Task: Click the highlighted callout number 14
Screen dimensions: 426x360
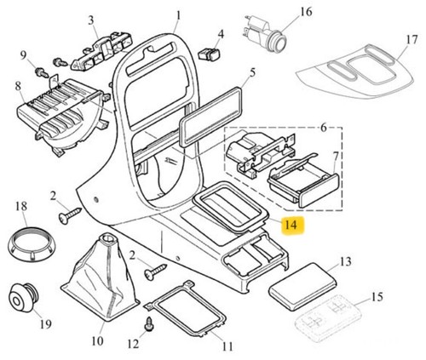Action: pyautogui.click(x=293, y=225)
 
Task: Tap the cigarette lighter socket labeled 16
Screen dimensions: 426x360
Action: pyautogui.click(x=265, y=33)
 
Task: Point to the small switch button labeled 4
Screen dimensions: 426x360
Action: pyautogui.click(x=210, y=54)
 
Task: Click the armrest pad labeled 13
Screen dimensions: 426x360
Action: pyautogui.click(x=302, y=286)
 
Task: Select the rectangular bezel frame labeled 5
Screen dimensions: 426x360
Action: pyautogui.click(x=210, y=117)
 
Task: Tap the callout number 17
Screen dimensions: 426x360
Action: pyautogui.click(x=412, y=40)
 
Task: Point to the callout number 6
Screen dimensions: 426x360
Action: pyautogui.click(x=324, y=128)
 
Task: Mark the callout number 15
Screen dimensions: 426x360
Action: pyautogui.click(x=377, y=297)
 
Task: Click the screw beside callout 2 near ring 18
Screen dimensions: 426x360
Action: pyautogui.click(x=70, y=215)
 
